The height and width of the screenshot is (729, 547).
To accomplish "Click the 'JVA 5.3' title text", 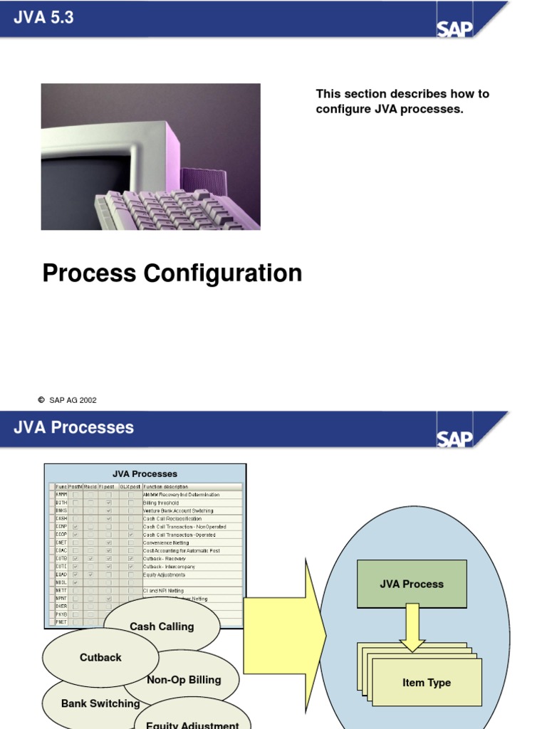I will point(43,18).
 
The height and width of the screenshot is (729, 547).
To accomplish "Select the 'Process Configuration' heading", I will point(172,273).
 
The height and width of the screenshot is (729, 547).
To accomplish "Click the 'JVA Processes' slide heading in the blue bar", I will point(73,428).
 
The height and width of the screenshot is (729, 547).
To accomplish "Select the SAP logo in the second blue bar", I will point(454,438).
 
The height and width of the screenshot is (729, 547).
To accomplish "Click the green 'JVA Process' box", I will point(412,584).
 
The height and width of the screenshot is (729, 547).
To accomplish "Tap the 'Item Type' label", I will point(427,683).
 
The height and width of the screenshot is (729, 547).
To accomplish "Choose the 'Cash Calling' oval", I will point(162,626).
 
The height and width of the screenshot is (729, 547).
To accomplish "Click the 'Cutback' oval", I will point(100,657).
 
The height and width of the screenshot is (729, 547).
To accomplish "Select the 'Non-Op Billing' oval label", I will point(184,680).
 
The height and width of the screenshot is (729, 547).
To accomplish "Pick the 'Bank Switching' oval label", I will point(100,703).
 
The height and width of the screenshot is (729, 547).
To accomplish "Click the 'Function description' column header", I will point(166,487).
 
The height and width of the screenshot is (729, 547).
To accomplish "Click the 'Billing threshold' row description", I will point(161,503).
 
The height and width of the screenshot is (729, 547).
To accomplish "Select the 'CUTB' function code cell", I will point(61,559).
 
